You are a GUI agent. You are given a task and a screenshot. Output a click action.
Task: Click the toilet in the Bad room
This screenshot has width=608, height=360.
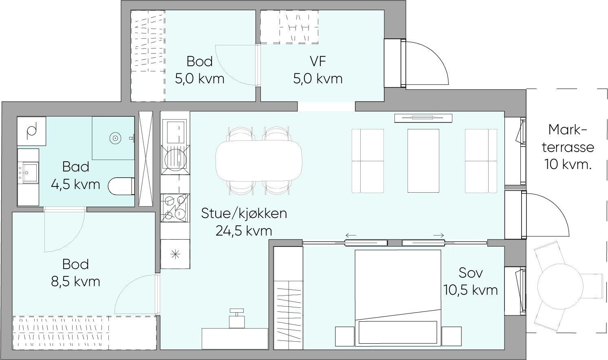pyautogui.click(x=121, y=186)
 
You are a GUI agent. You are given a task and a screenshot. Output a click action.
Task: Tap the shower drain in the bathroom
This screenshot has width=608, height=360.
pyautogui.click(x=115, y=138)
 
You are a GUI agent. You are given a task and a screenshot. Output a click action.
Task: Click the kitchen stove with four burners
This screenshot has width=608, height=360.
pyautogui.click(x=175, y=207)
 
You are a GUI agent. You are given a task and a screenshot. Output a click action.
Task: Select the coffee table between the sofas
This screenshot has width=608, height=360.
pyautogui.click(x=423, y=160)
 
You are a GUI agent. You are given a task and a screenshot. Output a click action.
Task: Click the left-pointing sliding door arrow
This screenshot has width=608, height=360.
pyautogui.click(x=350, y=236)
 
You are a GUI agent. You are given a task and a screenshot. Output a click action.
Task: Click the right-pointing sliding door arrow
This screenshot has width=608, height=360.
pyautogui.click(x=439, y=236)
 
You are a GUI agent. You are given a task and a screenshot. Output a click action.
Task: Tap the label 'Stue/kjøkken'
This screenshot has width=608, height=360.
pyautogui.click(x=244, y=213)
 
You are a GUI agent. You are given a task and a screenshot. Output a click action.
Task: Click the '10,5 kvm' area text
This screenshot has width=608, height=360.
pyautogui.click(x=471, y=290)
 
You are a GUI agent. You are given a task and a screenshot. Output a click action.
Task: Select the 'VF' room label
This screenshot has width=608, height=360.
pyautogui.click(x=317, y=62)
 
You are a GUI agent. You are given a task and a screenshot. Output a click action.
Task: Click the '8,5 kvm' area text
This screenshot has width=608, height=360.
pyautogui.click(x=75, y=281)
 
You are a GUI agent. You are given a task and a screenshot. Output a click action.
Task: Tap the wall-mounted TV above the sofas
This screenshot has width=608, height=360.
pyautogui.click(x=423, y=118)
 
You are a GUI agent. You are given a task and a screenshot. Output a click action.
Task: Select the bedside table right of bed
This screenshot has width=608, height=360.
pyautogui.click(x=451, y=336)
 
